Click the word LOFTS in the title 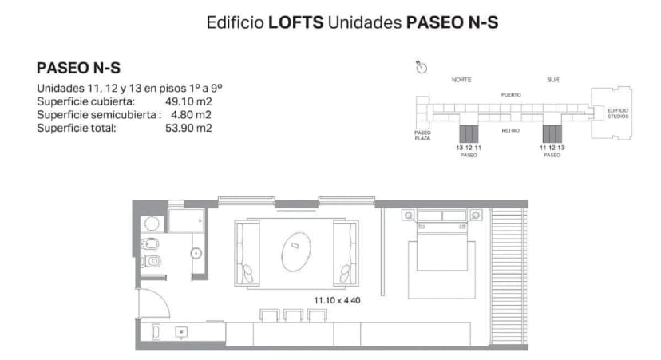(296, 22)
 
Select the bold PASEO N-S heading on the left (79, 69)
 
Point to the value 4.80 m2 (192, 114)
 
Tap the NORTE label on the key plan (461, 80)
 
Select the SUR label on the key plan (553, 80)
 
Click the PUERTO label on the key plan (511, 94)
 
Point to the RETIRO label (511, 129)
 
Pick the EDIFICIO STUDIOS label (618, 113)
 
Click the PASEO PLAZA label (422, 135)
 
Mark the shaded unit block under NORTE (469, 133)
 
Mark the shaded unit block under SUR (553, 133)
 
